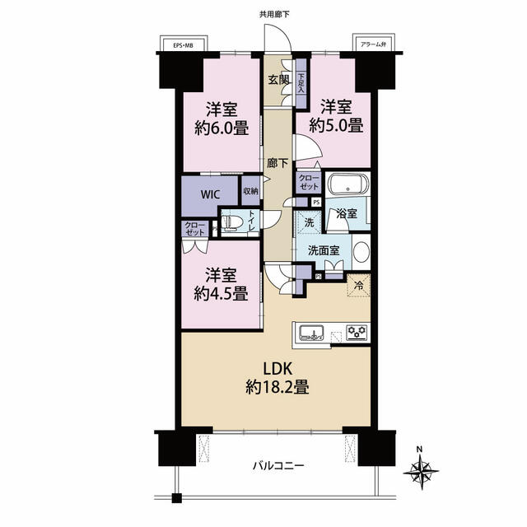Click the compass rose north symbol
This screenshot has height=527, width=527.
(421, 471)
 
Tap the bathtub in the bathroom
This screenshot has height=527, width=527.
(347, 184)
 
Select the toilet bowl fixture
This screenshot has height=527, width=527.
(232, 223)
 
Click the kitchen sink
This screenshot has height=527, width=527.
(311, 333)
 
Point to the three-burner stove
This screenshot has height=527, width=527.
(357, 333)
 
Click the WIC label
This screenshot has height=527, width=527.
(211, 194)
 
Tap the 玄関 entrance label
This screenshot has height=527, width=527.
(278, 80)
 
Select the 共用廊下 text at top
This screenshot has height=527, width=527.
(274, 15)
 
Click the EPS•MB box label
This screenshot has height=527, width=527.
(183, 45)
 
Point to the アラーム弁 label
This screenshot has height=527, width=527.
(373, 44)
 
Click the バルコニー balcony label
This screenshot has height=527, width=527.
(278, 465)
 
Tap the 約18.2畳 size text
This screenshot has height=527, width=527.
(277, 387)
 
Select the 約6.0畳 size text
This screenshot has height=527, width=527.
(222, 128)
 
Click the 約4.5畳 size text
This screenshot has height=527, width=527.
(222, 293)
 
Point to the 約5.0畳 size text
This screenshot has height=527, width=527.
(336, 126)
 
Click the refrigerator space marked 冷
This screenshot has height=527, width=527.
(359, 286)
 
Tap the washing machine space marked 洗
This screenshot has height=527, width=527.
(309, 222)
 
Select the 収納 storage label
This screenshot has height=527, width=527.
(250, 191)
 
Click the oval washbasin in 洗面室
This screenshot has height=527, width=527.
(361, 252)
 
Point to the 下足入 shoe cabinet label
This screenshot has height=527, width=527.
(301, 83)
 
